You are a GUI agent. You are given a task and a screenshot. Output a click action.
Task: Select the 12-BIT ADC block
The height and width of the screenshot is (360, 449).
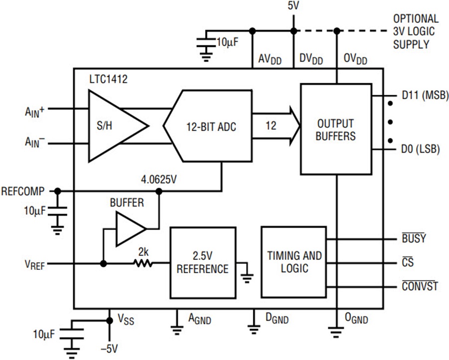tap(208, 126)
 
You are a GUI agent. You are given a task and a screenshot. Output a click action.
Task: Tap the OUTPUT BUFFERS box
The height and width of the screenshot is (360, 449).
tap(336, 129)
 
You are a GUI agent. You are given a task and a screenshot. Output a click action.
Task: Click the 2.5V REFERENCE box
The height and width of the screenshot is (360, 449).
tap(203, 263)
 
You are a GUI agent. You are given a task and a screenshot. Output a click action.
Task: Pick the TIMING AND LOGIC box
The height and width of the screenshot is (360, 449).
tap(294, 262)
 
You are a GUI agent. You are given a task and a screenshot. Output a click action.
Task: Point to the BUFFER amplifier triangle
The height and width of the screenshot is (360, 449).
tap(131, 229)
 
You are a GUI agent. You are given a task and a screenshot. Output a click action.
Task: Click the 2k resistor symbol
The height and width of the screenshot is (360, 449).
tap(143, 263)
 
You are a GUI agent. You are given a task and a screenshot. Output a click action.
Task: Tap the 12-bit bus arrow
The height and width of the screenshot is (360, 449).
tap(276, 126)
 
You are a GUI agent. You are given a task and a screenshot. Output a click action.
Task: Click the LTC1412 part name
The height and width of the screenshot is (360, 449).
tap(108, 79)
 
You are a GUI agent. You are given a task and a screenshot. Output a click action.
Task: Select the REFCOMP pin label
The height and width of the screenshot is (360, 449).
tap(23, 191)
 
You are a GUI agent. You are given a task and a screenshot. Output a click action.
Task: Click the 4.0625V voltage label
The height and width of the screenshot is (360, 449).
tap(159, 180)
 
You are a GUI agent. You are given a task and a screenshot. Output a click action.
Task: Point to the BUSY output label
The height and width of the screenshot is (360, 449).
tap(414, 238)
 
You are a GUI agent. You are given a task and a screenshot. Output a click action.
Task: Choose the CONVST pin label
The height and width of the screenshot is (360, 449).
tap(420, 286)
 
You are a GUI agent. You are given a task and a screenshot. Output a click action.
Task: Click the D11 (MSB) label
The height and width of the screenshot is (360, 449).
tap(425, 95)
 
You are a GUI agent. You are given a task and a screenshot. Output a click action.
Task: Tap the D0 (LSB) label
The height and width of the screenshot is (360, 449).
tap(421, 149)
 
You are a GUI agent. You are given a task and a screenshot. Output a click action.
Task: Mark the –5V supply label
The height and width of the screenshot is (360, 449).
tap(109, 349)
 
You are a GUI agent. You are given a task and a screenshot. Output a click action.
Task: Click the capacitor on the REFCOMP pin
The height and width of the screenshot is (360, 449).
tap(57, 211)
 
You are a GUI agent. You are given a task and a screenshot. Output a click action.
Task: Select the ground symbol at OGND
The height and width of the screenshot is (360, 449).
tap(336, 332)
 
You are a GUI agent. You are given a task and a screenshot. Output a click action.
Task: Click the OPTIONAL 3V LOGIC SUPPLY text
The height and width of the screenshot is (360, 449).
tap(416, 31)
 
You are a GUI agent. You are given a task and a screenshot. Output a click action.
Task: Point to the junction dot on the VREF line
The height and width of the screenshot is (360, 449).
tap(104, 264)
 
